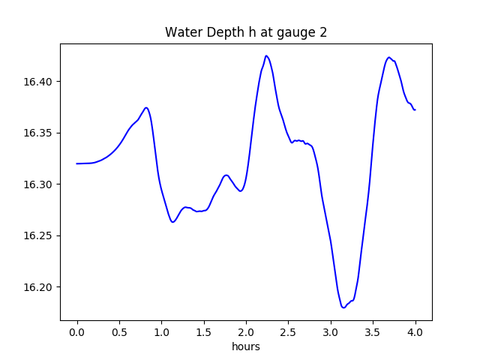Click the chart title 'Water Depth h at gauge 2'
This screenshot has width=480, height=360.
point(246,32)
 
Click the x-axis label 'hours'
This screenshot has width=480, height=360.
point(246,347)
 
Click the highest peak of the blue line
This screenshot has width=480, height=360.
point(266,55)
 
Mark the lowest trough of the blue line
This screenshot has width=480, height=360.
point(343,307)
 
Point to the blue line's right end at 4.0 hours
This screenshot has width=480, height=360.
point(415,110)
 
